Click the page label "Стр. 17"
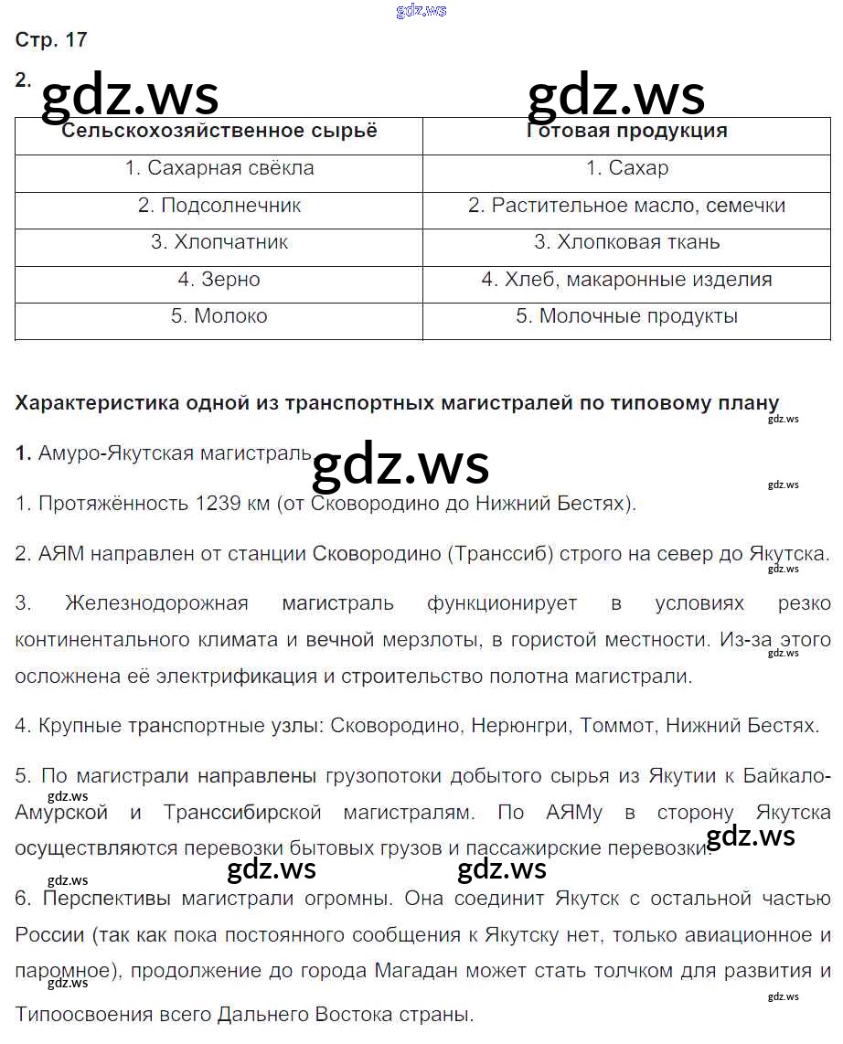tap(51, 39)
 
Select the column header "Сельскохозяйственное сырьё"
tap(219, 130)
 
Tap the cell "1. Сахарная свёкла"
tap(219, 168)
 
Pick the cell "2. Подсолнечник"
tap(219, 206)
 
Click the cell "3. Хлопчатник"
tap(219, 242)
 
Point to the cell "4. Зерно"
tap(219, 280)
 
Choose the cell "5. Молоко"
tap(219, 316)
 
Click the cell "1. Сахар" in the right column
tap(626, 168)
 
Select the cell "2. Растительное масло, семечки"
tap(626, 206)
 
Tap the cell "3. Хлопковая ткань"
tap(626, 242)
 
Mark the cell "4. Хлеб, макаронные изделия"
tap(626, 280)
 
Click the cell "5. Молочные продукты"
tap(626, 316)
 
